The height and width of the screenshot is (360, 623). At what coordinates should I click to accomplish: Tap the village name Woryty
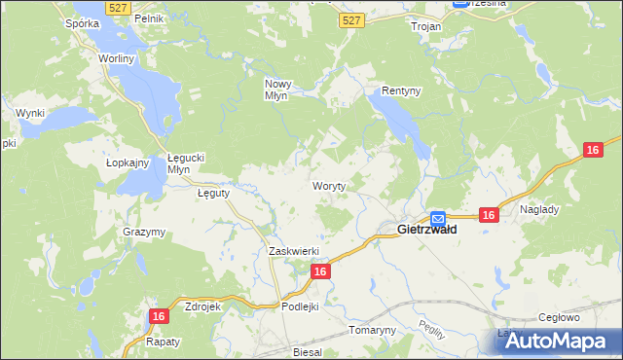(329, 185)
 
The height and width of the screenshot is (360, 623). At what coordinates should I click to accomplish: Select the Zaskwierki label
(293, 251)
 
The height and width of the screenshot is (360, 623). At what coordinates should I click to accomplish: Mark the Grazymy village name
(144, 232)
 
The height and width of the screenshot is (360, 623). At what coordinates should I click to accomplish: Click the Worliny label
(116, 58)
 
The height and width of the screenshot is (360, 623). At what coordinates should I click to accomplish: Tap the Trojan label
(426, 27)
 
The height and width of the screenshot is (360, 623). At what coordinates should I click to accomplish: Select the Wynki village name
(30, 114)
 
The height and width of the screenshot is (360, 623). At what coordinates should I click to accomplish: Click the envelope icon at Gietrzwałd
(438, 219)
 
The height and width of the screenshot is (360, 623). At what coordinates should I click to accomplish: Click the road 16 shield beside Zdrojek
(161, 316)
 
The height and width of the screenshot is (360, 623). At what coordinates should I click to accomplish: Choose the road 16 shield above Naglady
(594, 149)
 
